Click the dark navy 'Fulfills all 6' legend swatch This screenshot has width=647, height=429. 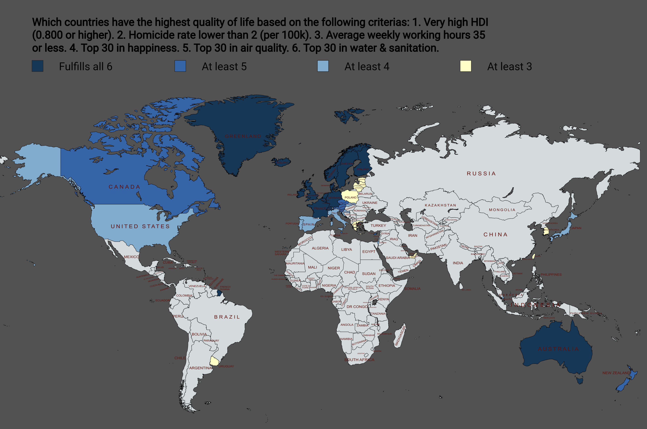(x=37, y=66)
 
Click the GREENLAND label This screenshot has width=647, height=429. (x=243, y=136)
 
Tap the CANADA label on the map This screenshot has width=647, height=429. (x=124, y=187)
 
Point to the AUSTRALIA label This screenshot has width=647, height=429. (x=558, y=349)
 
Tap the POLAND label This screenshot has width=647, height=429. (x=350, y=197)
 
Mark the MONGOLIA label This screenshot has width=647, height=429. (x=502, y=210)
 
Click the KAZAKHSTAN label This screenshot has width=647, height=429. (x=440, y=205)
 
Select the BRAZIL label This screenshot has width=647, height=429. (x=227, y=317)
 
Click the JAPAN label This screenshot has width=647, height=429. (x=576, y=228)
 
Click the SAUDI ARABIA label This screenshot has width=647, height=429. (x=398, y=258)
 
